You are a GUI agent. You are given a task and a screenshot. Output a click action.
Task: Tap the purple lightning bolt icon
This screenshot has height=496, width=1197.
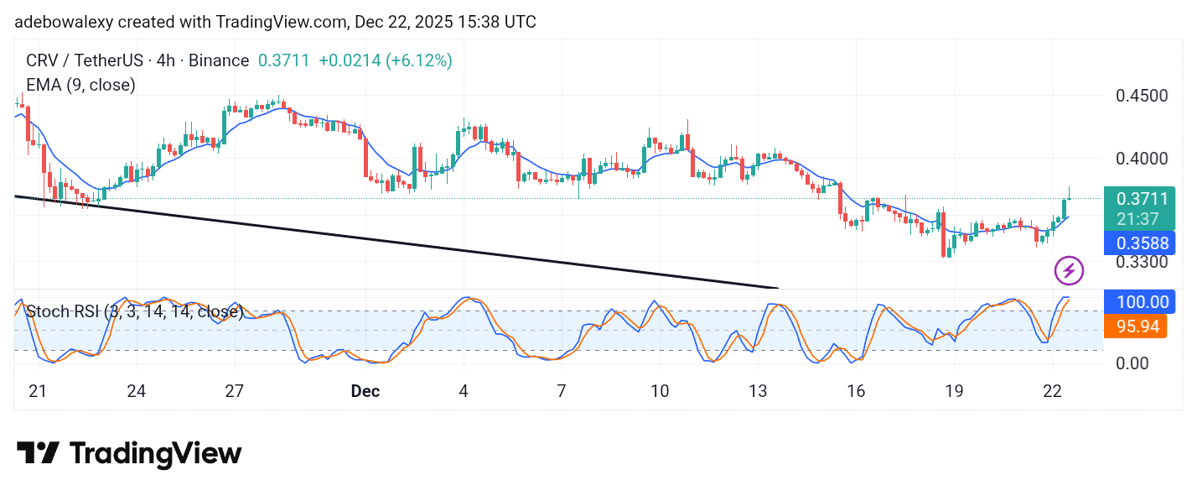tap(1069, 270)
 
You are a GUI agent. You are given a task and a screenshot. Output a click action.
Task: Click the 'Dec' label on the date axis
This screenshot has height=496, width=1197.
tap(365, 391)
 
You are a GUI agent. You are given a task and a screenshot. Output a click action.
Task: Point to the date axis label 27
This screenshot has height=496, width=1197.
tap(235, 391)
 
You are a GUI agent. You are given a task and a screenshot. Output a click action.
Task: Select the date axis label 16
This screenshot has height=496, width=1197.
tap(856, 391)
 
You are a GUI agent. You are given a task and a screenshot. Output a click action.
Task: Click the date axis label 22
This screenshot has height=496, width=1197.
tap(1052, 391)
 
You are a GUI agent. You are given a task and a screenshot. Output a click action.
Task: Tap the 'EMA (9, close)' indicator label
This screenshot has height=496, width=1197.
tap(80, 85)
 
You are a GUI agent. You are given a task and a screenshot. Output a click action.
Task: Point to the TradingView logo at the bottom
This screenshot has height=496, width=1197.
tap(129, 454)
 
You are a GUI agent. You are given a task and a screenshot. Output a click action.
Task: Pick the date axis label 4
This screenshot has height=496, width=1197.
tap(464, 391)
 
